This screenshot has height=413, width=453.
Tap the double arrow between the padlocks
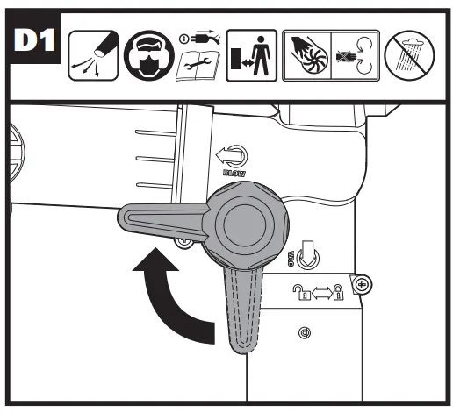(x=320, y=296)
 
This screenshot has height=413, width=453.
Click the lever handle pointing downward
(x=243, y=311)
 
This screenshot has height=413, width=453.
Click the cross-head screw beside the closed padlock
(x=361, y=282)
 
